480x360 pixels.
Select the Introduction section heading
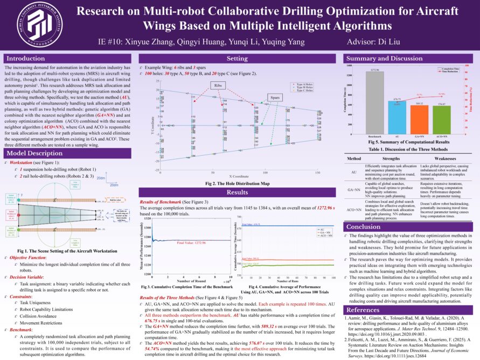26,58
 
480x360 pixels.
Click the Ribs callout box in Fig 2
218,85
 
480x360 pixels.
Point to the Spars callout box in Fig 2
275,96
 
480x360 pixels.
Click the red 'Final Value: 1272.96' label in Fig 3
191,243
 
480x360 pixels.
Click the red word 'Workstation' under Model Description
26,162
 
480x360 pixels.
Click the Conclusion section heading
364,227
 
